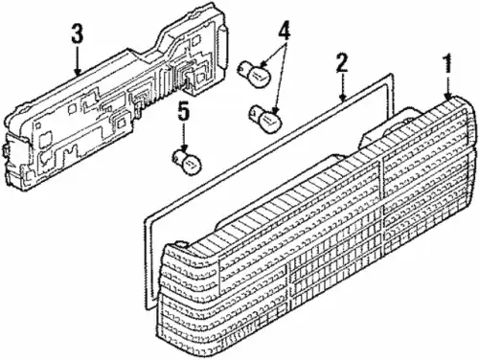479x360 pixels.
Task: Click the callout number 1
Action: click(x=448, y=63)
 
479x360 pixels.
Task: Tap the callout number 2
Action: click(x=341, y=63)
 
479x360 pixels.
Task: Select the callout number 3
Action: click(x=78, y=34)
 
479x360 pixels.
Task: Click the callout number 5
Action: click(x=184, y=113)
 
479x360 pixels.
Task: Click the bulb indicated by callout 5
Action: click(x=187, y=161)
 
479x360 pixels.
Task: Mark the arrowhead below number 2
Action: click(x=343, y=97)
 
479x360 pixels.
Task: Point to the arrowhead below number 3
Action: click(x=77, y=72)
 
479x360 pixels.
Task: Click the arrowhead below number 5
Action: click(x=184, y=148)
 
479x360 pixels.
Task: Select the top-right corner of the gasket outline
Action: click(x=391, y=75)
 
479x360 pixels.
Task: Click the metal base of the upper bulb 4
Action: click(x=244, y=67)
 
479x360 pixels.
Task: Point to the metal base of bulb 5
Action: click(x=177, y=156)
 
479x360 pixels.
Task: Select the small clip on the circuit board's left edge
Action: click(x=5, y=150)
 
